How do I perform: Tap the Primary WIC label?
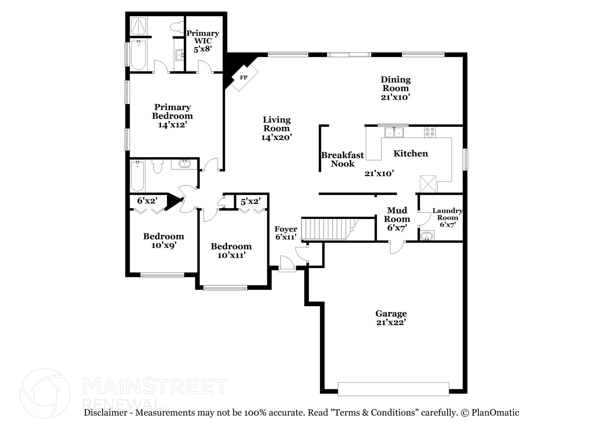point(203,41)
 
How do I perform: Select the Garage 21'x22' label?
point(391,318)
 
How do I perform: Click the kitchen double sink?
point(394,132)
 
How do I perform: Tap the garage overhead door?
point(393,389)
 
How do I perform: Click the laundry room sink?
point(427,236)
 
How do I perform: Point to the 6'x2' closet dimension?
point(147,201)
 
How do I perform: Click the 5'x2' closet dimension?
point(251,202)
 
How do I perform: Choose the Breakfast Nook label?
point(342,159)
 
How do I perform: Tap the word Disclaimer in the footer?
point(106,413)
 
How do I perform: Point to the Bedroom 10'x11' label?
point(231,251)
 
